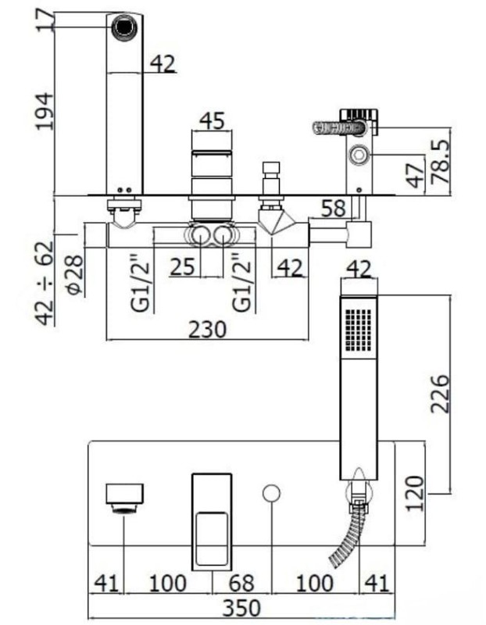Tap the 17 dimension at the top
[45, 19]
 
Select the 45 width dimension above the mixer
[212, 120]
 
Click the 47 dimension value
[416, 175]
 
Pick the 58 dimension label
[333, 209]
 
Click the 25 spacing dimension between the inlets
[183, 266]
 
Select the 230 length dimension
[207, 330]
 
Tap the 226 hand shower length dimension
[440, 394]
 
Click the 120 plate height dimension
[415, 494]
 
